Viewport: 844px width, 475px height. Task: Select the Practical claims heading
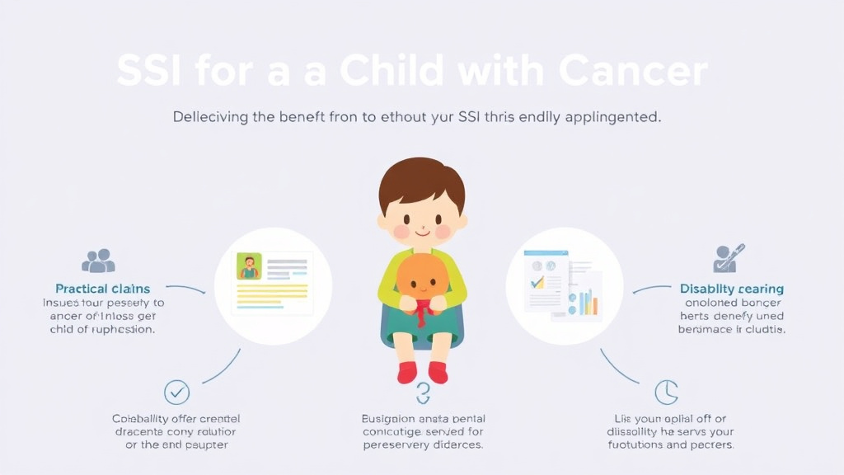[102, 289]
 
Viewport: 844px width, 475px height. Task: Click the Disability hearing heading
[732, 289]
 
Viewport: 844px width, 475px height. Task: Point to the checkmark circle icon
[176, 392]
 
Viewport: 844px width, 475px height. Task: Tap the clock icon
[666, 392]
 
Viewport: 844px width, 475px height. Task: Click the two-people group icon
[98, 261]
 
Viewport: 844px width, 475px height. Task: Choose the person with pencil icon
[728, 257]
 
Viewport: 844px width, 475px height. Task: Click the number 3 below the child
[423, 393]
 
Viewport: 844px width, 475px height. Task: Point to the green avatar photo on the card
[249, 266]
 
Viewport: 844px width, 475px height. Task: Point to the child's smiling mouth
[422, 233]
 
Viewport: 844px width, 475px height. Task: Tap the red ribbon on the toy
[421, 312]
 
